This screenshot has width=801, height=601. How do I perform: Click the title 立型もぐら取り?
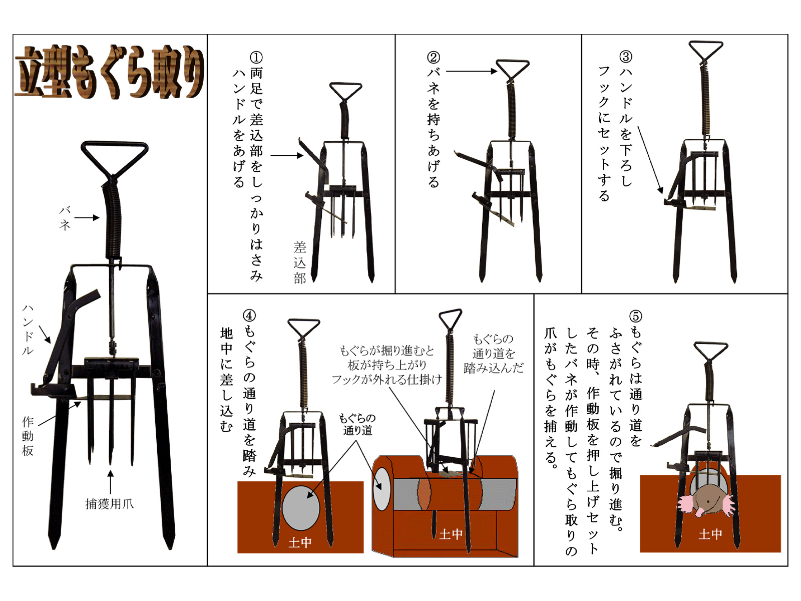point(110,72)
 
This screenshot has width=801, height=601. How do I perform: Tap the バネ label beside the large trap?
point(65,218)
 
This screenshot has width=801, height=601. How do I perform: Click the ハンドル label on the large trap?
point(28,330)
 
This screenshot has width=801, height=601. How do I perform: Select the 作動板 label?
point(28,436)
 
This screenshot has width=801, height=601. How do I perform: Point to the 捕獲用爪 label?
point(110,504)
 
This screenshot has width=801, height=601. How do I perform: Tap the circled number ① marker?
point(256,57)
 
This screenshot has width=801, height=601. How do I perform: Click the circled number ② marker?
point(434,57)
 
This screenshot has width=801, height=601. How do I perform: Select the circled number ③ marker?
point(626,57)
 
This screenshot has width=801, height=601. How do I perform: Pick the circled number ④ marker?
point(249,316)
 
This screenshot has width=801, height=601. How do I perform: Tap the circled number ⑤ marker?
point(636,317)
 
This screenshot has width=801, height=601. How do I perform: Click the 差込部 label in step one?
point(299,263)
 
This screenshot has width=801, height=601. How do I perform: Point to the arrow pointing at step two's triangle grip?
point(472,72)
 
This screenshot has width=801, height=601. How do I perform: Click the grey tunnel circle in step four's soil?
point(301,507)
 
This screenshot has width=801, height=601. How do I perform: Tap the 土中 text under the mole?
point(710,534)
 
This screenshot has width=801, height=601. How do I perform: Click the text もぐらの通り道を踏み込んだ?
point(494,353)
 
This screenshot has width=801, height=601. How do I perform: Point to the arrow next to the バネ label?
point(87,218)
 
